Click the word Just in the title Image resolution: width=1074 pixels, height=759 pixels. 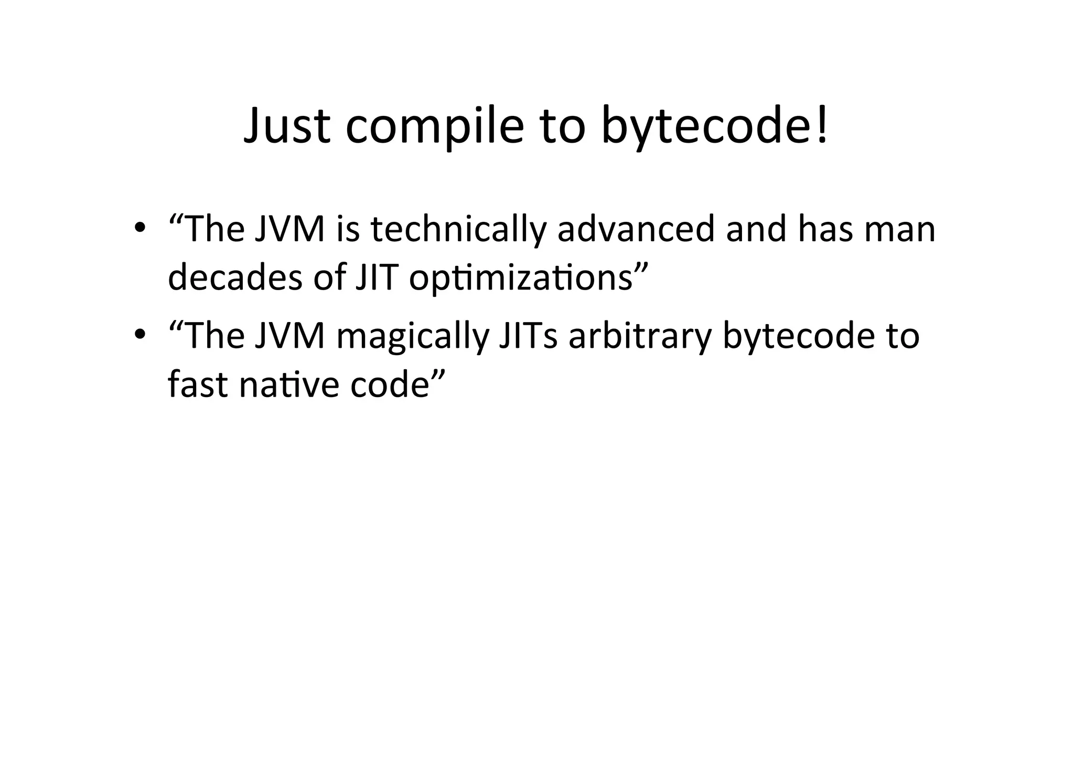[287, 126]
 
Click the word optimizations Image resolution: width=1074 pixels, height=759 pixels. [521, 279]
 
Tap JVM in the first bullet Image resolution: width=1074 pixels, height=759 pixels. [290, 230]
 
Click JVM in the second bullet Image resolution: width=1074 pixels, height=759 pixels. [290, 335]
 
